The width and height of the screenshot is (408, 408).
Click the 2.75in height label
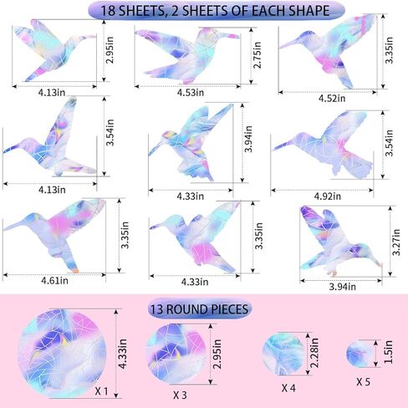258,55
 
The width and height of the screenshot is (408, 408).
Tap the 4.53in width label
191,93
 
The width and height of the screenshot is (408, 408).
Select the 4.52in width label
332,99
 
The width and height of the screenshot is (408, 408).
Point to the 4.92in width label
328,196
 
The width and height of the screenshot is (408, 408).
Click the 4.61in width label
54,280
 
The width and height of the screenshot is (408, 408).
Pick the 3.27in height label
396,242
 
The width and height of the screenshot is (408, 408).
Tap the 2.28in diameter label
314,353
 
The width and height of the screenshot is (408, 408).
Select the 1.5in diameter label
388,352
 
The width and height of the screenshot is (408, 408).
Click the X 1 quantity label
101,391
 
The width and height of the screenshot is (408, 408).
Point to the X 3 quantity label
180,395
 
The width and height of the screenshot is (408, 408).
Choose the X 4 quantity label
288,388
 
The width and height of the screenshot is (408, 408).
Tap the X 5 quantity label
364,382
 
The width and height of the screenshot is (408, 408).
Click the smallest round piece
360,354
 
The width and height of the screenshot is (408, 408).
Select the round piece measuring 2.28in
283,354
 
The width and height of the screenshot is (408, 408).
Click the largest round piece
62,354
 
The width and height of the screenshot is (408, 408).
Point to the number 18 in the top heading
107,11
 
